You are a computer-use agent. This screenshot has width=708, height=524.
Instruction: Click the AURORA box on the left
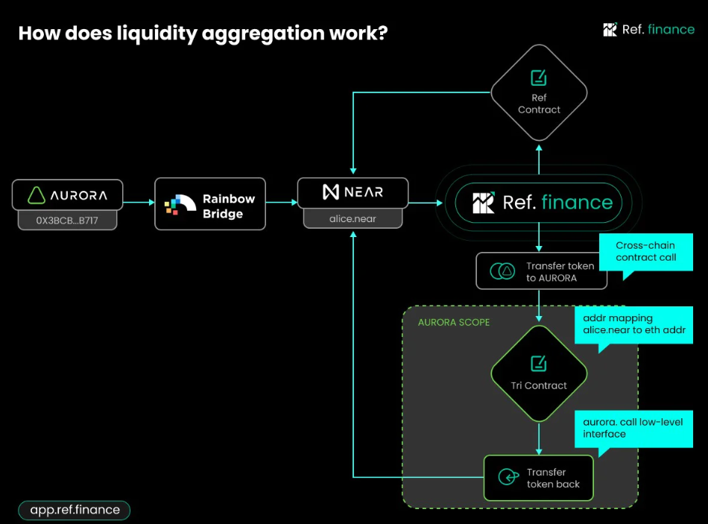(67, 195)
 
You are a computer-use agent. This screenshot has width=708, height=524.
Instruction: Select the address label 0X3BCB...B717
(67, 221)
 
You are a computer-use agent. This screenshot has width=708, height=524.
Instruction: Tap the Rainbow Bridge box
(210, 203)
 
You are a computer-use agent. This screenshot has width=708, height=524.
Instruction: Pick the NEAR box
(353, 192)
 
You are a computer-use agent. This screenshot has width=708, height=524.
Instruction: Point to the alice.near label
(353, 218)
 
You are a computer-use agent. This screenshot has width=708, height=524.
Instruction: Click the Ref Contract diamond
(539, 93)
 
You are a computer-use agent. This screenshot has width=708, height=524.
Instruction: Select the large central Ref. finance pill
(538, 202)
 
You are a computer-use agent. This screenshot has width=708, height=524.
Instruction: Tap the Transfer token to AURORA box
(542, 271)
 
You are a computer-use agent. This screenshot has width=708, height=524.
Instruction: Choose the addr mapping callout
(633, 324)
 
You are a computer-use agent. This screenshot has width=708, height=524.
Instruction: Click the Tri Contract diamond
(539, 373)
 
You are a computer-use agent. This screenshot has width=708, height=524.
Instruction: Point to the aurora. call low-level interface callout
(633, 428)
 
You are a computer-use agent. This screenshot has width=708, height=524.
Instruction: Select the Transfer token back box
(538, 478)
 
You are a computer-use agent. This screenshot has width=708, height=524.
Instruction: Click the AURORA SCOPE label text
(453, 322)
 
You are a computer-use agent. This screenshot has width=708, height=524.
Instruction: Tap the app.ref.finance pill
(75, 510)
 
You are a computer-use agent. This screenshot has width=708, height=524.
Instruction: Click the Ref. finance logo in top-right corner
(648, 30)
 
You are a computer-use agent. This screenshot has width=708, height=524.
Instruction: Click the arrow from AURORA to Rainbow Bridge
(139, 202)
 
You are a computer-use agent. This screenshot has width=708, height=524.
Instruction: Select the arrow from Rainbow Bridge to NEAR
(281, 202)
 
